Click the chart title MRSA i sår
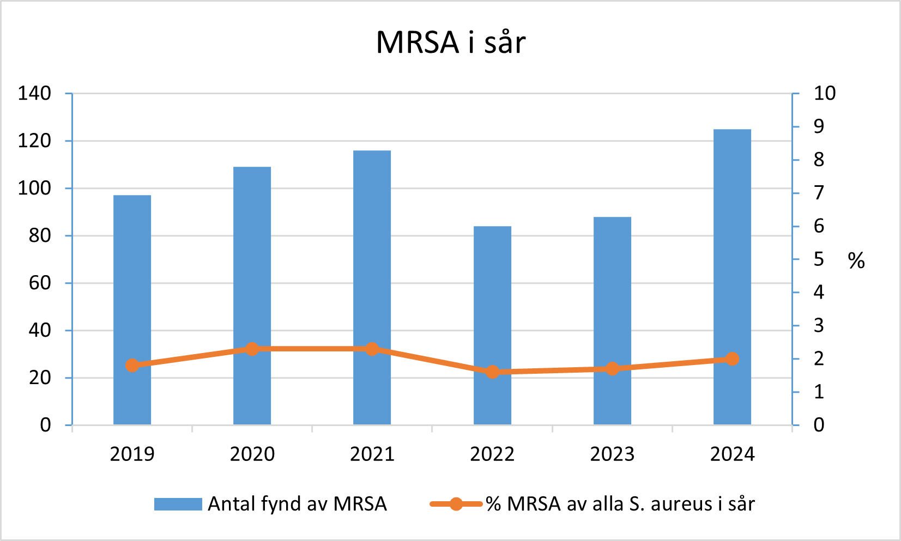[x=451, y=42]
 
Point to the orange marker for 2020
[x=252, y=349]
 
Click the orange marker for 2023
[x=612, y=369]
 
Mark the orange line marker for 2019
[x=132, y=365]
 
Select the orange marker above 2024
[x=732, y=358]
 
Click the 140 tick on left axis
[x=34, y=93]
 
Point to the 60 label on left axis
[x=40, y=283]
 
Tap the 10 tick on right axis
[x=824, y=93]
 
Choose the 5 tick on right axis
[x=819, y=259]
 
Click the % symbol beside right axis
[x=856, y=261]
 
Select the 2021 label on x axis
[x=372, y=454]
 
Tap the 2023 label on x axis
[x=612, y=454]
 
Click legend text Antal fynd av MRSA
[x=297, y=503]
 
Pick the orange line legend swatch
[x=456, y=503]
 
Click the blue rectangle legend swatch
[x=178, y=503]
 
